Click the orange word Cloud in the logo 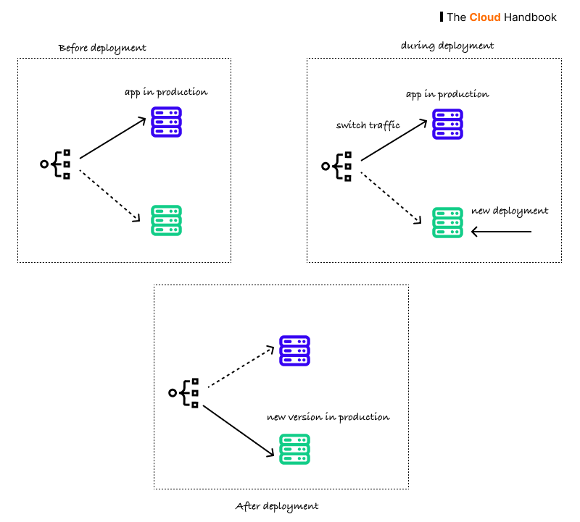tap(484, 17)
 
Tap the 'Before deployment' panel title tap(102, 48)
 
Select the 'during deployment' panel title tap(447, 46)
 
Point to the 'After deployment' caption tap(277, 506)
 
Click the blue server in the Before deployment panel tap(166, 122)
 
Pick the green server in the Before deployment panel tap(166, 220)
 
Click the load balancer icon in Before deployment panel tap(57, 164)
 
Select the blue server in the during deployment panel tap(447, 124)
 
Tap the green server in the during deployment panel tap(447, 222)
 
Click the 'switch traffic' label tap(368, 125)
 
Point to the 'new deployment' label tap(510, 211)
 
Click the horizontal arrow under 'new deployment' tap(501, 232)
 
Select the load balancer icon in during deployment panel tap(338, 167)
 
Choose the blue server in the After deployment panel tap(294, 350)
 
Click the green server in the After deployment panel tap(294, 449)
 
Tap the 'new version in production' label tap(328, 417)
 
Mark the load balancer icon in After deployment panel tap(184, 392)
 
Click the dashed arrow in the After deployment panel tap(241, 369)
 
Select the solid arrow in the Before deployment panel tap(113, 138)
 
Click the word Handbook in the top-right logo tap(530, 17)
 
